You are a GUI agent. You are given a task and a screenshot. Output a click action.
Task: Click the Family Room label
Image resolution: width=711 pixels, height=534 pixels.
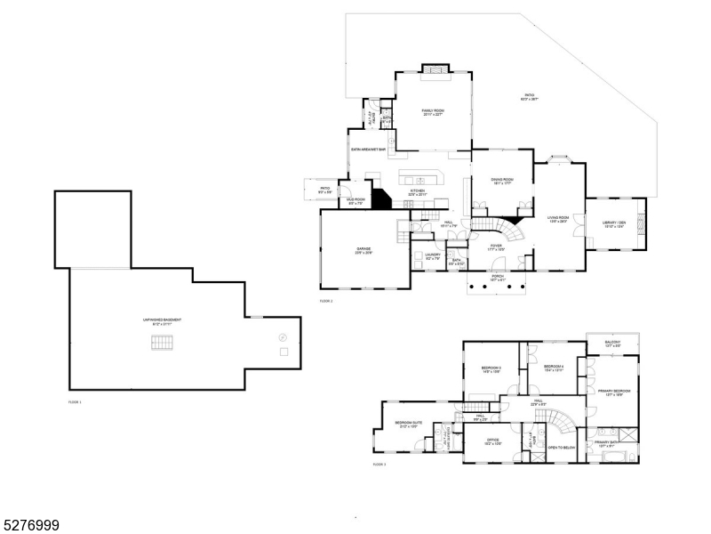(x=433, y=112)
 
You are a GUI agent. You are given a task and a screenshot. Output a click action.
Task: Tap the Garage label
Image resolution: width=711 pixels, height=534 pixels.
(x=364, y=250)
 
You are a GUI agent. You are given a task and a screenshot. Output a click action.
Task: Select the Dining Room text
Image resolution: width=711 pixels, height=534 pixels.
(x=502, y=182)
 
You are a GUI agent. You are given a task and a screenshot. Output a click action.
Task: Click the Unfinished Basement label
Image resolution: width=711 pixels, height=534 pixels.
(x=162, y=321)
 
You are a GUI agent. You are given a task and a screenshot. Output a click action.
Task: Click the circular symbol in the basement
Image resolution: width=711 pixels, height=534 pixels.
(x=283, y=336)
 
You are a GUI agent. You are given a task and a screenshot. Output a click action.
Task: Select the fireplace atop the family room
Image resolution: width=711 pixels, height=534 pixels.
(x=434, y=69)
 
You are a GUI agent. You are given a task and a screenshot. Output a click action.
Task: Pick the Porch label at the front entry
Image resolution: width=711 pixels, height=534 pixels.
(x=497, y=278)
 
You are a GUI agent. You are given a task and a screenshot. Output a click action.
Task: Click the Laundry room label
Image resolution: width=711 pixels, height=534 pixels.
(x=433, y=256)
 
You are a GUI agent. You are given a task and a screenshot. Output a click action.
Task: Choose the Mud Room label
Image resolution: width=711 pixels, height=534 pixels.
(x=355, y=202)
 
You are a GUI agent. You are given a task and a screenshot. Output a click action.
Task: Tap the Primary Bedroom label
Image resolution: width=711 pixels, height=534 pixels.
(x=613, y=392)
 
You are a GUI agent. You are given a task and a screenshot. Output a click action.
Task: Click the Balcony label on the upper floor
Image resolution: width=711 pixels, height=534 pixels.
(x=612, y=344)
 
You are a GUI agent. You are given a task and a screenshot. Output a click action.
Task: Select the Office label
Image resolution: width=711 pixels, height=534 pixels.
(x=492, y=441)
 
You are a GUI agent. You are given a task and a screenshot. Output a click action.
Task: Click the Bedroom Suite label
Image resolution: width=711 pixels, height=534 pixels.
(x=408, y=424)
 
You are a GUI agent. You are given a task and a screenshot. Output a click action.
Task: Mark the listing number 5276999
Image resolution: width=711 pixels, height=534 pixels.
(x=30, y=526)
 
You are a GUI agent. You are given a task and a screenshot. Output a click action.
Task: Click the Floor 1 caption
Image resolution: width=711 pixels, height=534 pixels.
(x=75, y=402)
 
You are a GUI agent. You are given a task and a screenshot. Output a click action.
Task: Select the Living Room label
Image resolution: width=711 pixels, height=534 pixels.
(x=557, y=218)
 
